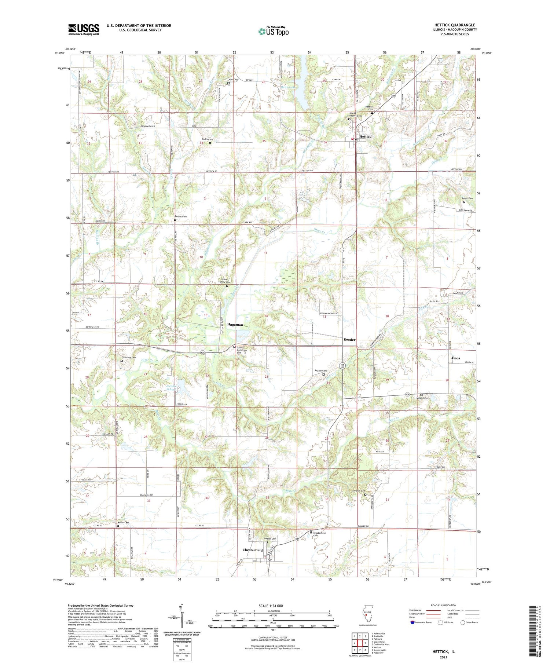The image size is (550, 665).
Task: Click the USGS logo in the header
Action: tap(84, 29)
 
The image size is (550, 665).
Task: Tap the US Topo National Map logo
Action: tap(273, 31)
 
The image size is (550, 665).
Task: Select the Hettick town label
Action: tap(365, 136)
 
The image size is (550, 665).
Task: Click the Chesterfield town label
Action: tap(253, 550)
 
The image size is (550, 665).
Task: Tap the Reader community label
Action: tap(349, 340)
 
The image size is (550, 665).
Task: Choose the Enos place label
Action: tap(455, 358)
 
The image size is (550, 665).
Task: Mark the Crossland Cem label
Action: tap(129, 358)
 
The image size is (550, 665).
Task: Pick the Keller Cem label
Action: tap(123, 523)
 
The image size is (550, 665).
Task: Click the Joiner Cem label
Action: tap(467, 198)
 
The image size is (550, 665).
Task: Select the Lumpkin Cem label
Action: tap(358, 491)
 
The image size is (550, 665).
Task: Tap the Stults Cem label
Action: tap(207, 139)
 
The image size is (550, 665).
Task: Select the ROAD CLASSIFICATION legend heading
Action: tap(444, 606)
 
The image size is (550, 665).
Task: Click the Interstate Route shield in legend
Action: tap(412, 622)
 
